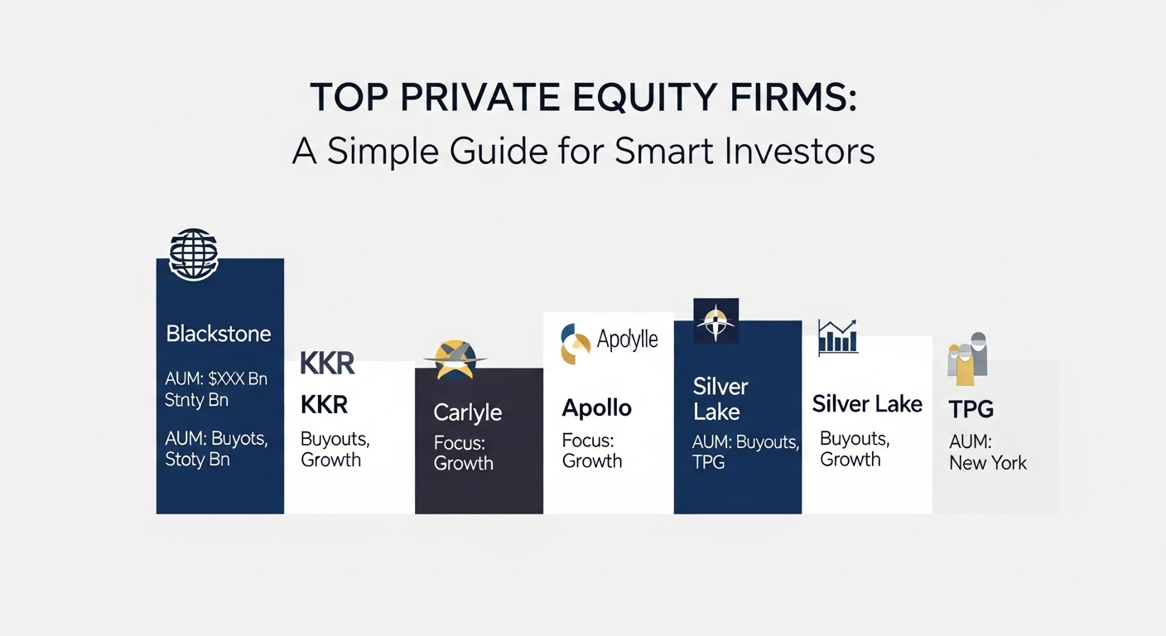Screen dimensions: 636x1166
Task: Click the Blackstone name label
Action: [x=219, y=334]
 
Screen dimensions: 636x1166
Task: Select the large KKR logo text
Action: [x=327, y=364]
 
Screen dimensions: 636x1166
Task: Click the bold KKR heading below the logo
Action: [x=324, y=405]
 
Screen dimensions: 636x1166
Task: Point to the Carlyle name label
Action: [x=467, y=412]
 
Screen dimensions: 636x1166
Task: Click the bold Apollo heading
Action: [x=596, y=408]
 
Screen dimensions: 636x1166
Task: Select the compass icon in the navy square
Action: [x=715, y=321]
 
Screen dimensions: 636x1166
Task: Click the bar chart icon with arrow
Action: [x=838, y=338]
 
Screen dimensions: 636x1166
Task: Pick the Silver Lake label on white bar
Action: [x=867, y=404]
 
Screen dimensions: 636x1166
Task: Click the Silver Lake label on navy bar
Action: [x=720, y=399]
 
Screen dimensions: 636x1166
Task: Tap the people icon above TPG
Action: [x=967, y=359]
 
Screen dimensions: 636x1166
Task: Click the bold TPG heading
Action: [x=971, y=408]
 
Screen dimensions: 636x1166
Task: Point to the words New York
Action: [x=988, y=463]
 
